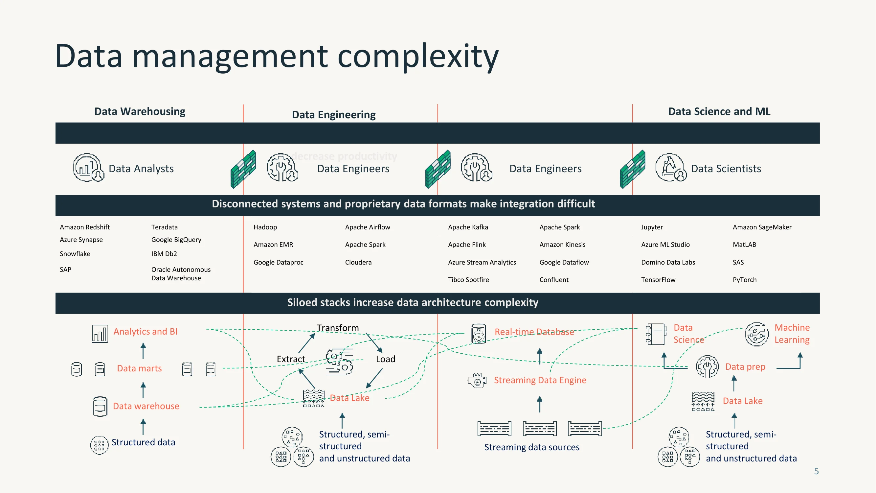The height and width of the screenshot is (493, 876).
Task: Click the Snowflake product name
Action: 75,254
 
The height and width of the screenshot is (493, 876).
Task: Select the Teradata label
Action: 164,227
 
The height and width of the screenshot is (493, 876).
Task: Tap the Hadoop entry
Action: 265,227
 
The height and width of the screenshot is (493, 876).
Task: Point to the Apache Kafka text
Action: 468,227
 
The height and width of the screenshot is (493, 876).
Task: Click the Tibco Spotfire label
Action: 468,280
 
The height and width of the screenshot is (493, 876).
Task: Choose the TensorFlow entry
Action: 658,280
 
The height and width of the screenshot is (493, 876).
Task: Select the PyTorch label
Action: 744,280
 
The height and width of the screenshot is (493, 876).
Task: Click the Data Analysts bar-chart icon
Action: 88,167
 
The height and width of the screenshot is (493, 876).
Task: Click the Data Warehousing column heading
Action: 140,111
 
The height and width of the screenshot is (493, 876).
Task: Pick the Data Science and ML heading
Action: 719,111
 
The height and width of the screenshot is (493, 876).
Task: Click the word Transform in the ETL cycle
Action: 338,328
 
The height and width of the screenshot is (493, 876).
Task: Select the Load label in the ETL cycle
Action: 386,359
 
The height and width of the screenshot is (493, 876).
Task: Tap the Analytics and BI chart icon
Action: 100,333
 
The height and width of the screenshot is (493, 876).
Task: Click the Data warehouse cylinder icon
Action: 100,406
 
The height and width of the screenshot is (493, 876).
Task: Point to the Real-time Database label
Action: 534,332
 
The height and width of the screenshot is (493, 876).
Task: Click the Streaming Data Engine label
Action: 540,380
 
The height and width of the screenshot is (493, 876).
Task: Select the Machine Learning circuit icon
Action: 757,334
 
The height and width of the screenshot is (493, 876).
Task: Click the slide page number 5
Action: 816,471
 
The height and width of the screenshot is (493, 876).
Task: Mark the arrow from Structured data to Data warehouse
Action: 143,427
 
